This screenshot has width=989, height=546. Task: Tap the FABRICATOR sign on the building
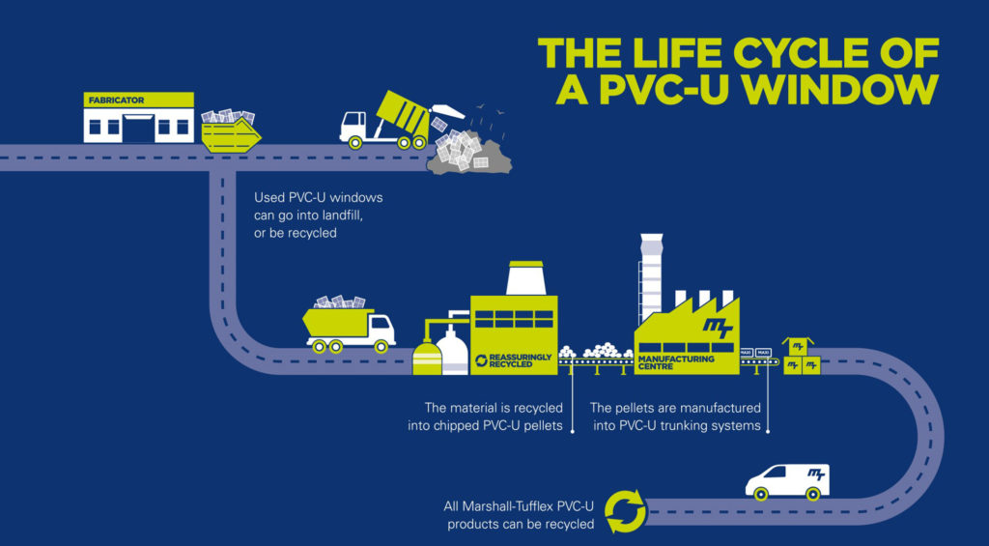coord(113,100)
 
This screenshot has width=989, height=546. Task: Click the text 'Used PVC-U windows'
coord(318,198)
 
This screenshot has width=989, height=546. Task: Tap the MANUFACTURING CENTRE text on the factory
coord(676,362)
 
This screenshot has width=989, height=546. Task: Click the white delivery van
coord(787,479)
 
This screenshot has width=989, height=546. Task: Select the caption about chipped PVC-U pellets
coord(494,416)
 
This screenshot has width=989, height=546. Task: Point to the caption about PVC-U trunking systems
coord(676,416)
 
